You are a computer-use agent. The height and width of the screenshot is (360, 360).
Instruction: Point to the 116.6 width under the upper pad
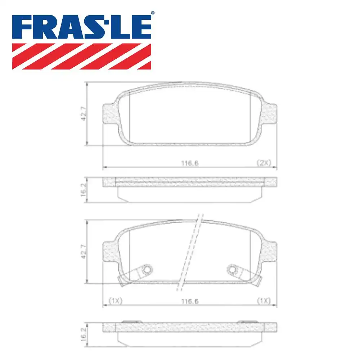pyautogui.click(x=190, y=163)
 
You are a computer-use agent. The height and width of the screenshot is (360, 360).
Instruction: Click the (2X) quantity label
pyautogui.click(x=263, y=163)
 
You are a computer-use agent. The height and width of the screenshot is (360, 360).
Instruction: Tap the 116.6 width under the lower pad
pyautogui.click(x=190, y=301)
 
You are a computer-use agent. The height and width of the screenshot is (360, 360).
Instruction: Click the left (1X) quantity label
pyautogui.click(x=116, y=301)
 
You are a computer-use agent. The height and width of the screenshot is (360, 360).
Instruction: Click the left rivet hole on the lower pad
pyautogui.click(x=147, y=269)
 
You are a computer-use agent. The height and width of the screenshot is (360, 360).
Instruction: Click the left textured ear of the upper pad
pyautogui.click(x=110, y=114)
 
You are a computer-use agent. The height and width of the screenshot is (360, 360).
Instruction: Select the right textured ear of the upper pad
pyautogui.click(x=270, y=114)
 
